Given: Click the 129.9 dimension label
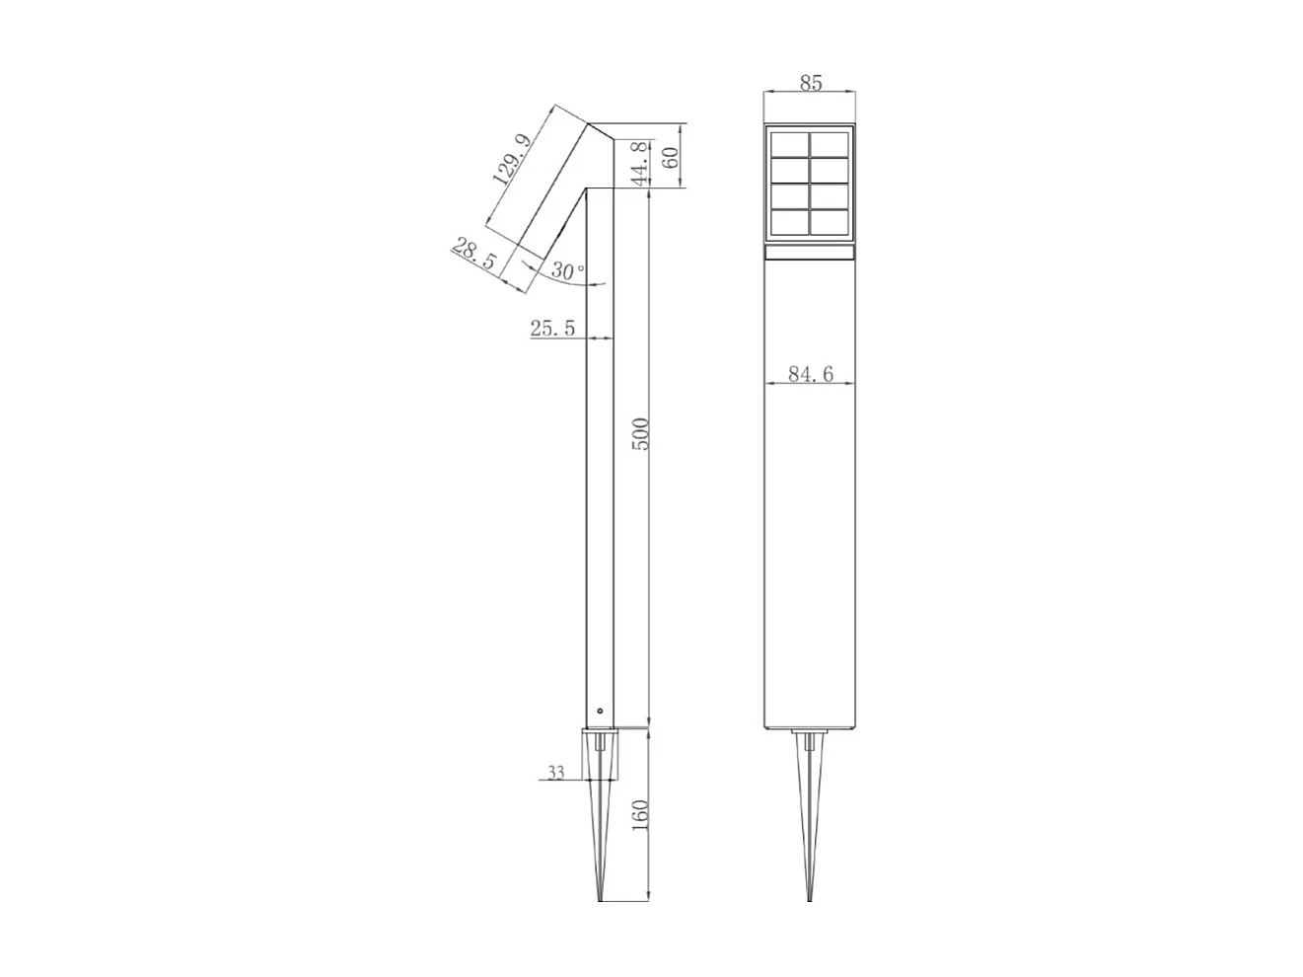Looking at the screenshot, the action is (512, 159).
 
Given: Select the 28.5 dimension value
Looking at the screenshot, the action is (473, 254).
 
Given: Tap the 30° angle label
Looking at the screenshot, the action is (568, 270).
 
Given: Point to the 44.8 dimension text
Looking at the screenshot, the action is (640, 164).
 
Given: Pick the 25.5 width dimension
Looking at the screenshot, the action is (552, 328).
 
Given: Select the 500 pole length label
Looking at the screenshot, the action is (640, 434).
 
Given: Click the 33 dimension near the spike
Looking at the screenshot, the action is (555, 772).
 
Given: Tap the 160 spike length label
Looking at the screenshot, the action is (640, 815).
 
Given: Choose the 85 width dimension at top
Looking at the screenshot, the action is (810, 83).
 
